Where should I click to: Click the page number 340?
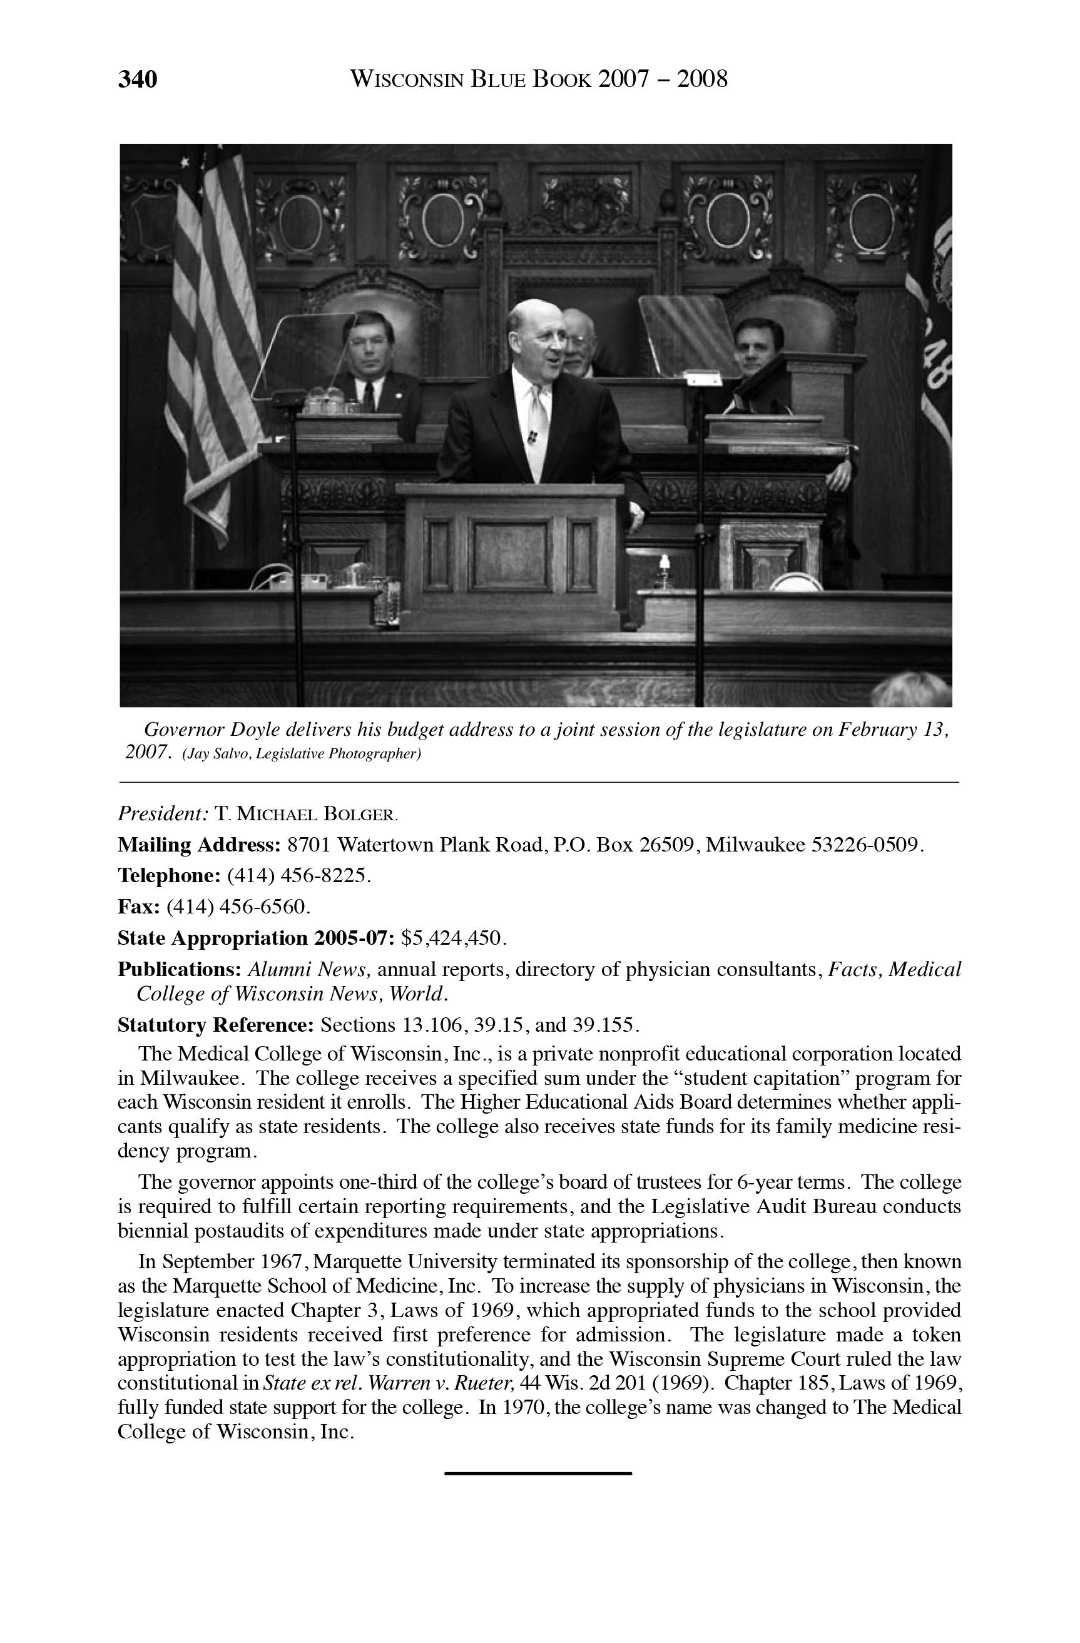coord(138,79)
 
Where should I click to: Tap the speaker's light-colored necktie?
coord(538,428)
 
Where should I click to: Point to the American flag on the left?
coord(211,332)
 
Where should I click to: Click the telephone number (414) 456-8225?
coord(298,875)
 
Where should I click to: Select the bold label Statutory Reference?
coord(216,1024)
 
